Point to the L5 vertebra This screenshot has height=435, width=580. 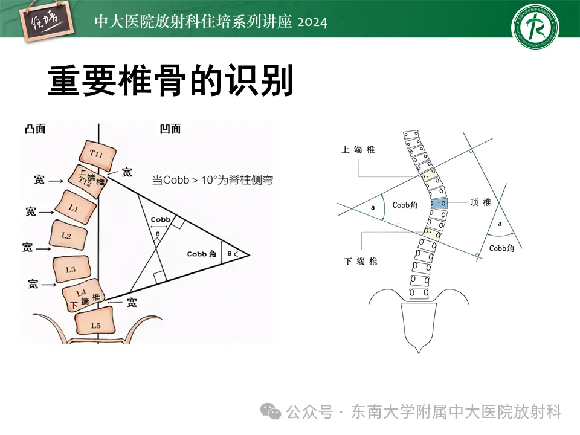click(x=95, y=324)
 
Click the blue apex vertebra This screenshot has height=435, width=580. click(x=440, y=204)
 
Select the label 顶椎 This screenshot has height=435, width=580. click(x=481, y=202)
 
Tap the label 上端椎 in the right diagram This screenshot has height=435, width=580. click(x=358, y=149)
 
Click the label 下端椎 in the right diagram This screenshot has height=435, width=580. click(x=361, y=260)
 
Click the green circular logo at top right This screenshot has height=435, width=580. click(x=535, y=27)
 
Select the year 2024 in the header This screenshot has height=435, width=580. click(x=312, y=22)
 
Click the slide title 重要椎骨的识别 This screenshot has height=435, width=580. click(x=170, y=81)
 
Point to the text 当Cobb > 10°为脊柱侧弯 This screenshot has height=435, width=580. click(x=211, y=180)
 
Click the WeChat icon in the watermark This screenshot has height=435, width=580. click(x=270, y=412)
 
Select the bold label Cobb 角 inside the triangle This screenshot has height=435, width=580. click(x=202, y=254)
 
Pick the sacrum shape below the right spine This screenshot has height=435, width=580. click(x=419, y=326)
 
